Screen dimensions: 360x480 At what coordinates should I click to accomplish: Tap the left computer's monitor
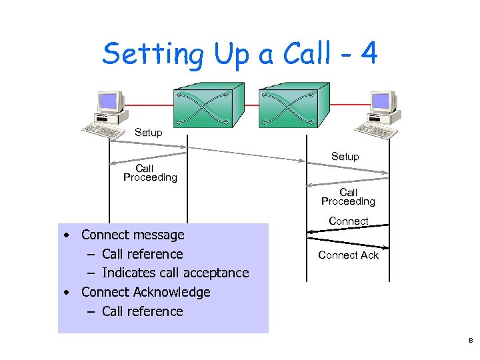click(x=110, y=102)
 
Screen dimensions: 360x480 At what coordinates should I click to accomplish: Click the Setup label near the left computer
click(x=148, y=133)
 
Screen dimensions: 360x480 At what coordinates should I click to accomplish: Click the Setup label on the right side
click(x=345, y=157)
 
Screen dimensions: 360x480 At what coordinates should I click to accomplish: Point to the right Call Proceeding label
click(x=348, y=197)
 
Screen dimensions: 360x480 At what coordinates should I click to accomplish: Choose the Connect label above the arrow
click(x=348, y=221)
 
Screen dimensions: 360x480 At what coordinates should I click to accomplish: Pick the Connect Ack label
click(x=348, y=255)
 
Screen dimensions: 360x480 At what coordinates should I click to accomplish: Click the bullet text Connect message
click(x=133, y=235)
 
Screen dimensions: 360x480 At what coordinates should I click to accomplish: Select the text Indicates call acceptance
click(x=175, y=273)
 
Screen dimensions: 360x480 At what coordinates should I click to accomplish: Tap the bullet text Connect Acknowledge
click(x=145, y=292)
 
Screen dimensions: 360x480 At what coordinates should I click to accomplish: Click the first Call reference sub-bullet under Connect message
click(x=142, y=254)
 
